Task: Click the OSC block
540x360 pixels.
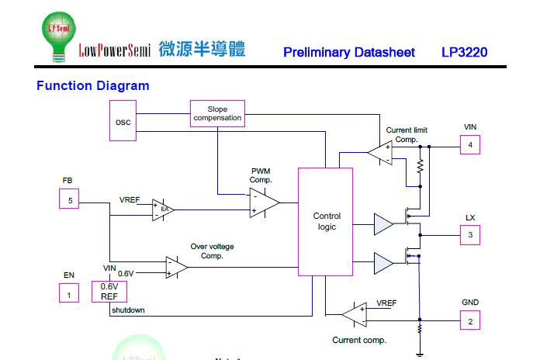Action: pyautogui.click(x=123, y=121)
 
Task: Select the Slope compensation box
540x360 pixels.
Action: pyautogui.click(x=217, y=114)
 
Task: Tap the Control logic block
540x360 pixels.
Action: pyautogui.click(x=326, y=221)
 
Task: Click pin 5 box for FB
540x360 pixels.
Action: pyautogui.click(x=69, y=201)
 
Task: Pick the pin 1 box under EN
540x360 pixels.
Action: pyautogui.click(x=69, y=293)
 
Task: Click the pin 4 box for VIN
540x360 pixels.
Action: pyautogui.click(x=469, y=145)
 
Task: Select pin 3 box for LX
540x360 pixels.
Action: pyautogui.click(x=469, y=234)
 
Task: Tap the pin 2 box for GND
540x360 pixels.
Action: pyautogui.click(x=469, y=320)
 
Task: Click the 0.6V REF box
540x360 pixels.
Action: pyautogui.click(x=109, y=292)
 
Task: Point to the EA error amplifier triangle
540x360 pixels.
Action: pyautogui.click(x=162, y=209)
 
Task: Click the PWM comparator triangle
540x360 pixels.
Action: pyautogui.click(x=263, y=202)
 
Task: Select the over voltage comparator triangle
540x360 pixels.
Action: pyautogui.click(x=176, y=267)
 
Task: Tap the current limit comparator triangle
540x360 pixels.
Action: pyautogui.click(x=380, y=153)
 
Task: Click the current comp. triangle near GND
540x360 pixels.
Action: pyautogui.click(x=354, y=314)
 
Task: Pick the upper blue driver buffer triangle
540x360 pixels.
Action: pyautogui.click(x=383, y=224)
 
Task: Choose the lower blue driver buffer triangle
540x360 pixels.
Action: pyautogui.click(x=383, y=263)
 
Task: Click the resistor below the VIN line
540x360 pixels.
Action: pyautogui.click(x=420, y=167)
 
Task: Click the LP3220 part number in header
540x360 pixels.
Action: pyautogui.click(x=464, y=53)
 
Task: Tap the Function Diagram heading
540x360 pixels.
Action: pyautogui.click(x=92, y=85)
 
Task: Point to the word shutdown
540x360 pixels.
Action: pyautogui.click(x=127, y=310)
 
